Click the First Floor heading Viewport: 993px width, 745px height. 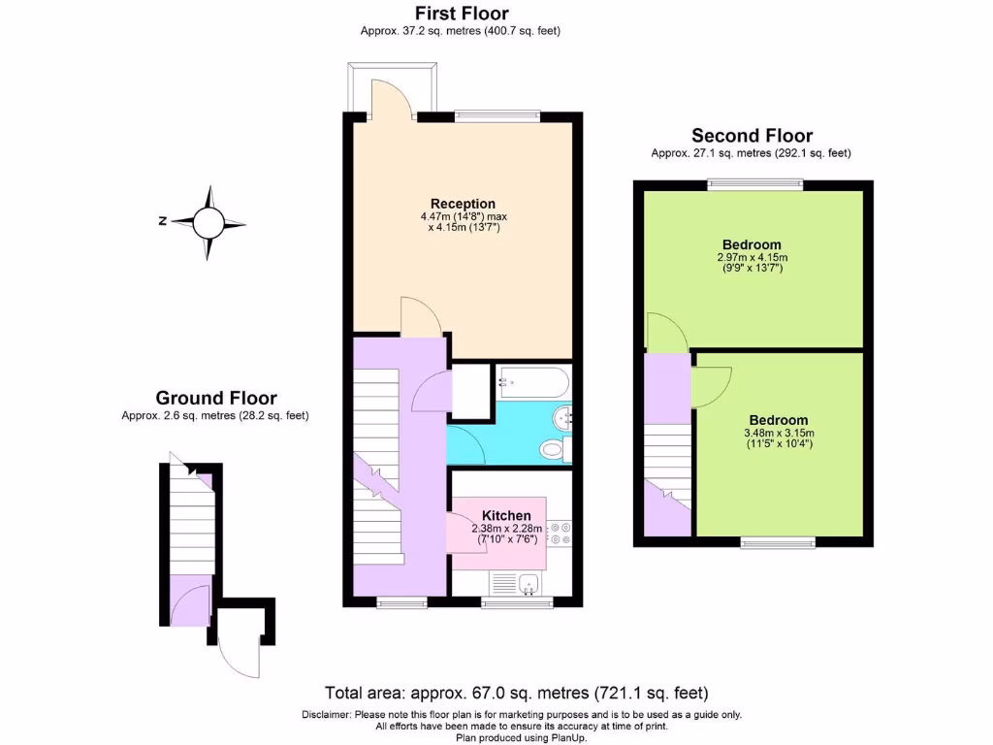pyautogui.click(x=461, y=14)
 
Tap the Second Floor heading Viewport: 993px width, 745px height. pyautogui.click(x=752, y=136)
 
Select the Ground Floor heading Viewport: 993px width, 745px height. pyautogui.click(x=216, y=398)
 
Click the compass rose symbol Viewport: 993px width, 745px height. pyautogui.click(x=208, y=222)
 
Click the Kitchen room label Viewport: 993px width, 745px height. pyautogui.click(x=506, y=515)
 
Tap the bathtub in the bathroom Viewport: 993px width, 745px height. pyautogui.click(x=531, y=381)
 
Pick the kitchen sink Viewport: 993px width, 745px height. pyautogui.click(x=528, y=584)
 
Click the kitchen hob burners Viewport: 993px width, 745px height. pyautogui.click(x=561, y=533)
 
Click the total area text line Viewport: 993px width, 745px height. pyautogui.click(x=516, y=693)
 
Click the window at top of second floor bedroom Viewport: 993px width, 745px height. pyautogui.click(x=754, y=183)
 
